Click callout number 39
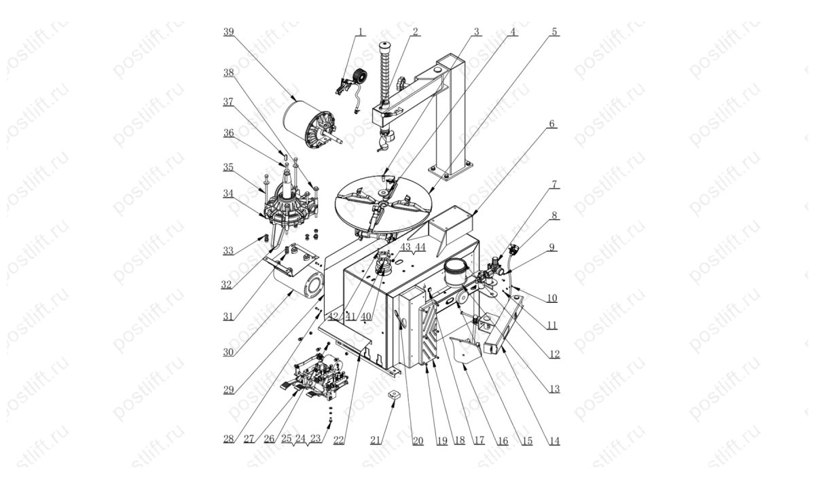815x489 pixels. (228, 32)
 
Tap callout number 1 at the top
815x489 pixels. (360, 32)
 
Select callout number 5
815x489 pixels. (554, 32)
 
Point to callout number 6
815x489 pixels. (552, 124)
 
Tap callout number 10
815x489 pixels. (552, 297)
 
